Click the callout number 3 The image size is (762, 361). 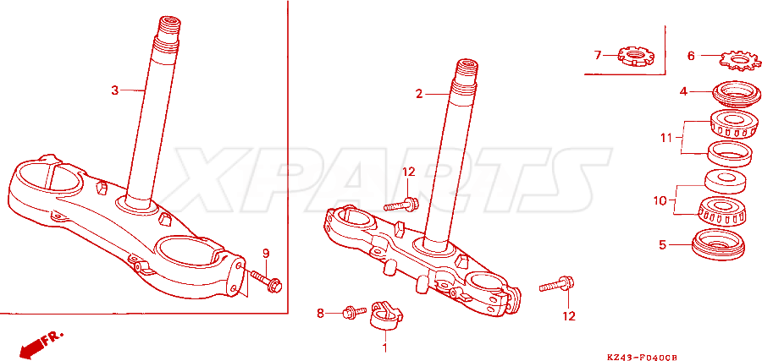tap(114, 90)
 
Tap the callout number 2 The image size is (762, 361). tap(419, 94)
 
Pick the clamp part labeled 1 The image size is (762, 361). tap(387, 315)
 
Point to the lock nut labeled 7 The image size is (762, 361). tap(637, 57)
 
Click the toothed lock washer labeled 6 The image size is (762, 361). tap(737, 60)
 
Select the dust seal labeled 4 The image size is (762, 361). tap(737, 94)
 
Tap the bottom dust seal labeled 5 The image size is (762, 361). tap(718, 244)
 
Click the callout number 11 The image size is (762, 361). tap(665, 139)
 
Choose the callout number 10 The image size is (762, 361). tap(660, 200)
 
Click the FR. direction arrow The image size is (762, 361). tap(38, 343)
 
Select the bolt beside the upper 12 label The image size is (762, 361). tap(401, 205)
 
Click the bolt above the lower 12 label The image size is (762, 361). tap(557, 284)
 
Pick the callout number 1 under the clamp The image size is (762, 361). tap(385, 348)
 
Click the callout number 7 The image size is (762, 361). tap(598, 55)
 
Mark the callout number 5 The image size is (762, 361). tap(662, 245)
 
